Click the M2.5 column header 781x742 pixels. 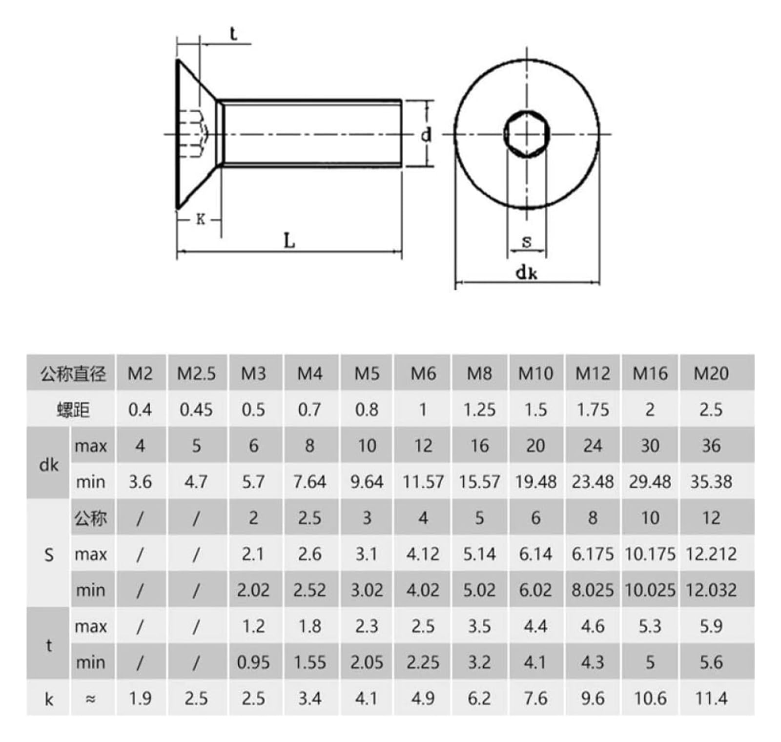click(196, 373)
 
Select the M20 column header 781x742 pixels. click(711, 373)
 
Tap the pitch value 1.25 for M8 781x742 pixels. click(479, 410)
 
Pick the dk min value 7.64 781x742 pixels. click(309, 482)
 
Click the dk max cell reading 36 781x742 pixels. click(711, 446)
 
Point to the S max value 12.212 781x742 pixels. click(711, 554)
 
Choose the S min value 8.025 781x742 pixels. click(593, 590)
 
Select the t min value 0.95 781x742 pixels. click(253, 662)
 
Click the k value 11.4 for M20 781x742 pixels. click(711, 699)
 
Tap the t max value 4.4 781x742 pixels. click(535, 626)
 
